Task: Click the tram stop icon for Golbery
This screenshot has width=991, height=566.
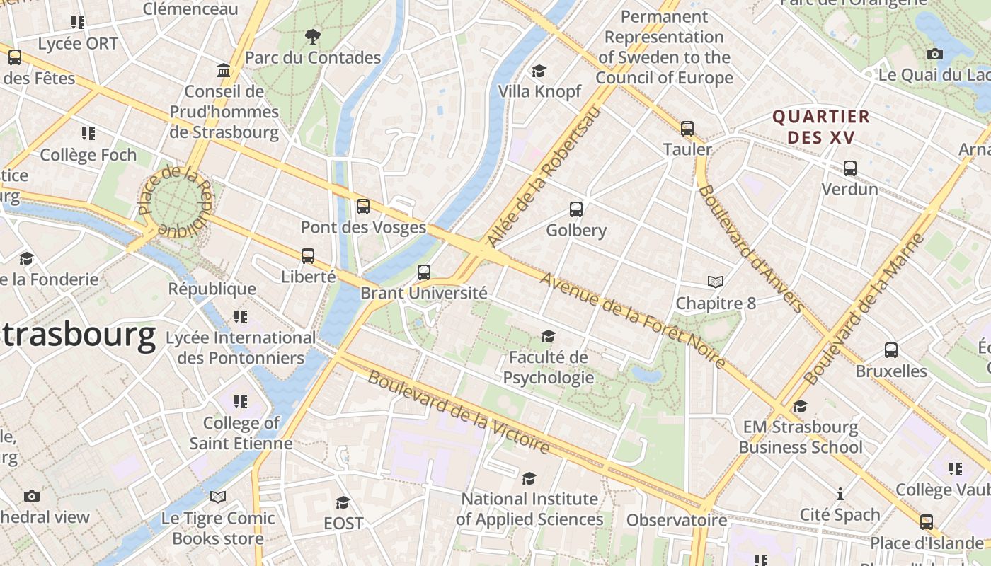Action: [576, 209]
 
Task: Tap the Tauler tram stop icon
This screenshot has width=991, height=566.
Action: [687, 129]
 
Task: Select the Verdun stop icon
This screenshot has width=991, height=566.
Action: [850, 168]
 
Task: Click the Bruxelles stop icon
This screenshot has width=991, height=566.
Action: [891, 350]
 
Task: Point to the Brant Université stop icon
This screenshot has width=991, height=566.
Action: [424, 272]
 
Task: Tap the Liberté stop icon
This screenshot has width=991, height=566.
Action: [308, 256]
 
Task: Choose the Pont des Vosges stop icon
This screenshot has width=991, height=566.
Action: [363, 207]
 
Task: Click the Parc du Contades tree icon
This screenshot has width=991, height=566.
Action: [312, 36]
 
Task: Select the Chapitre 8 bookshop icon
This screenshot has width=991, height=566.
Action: [716, 282]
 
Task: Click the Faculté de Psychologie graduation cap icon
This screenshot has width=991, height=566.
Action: [548, 336]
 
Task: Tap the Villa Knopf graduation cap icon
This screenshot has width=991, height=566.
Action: [539, 71]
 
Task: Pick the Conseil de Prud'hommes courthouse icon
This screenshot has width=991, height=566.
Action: [224, 70]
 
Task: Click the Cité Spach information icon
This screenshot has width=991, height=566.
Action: [840, 494]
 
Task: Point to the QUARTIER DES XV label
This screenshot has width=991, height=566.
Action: [821, 127]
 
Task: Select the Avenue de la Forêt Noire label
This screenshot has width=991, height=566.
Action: [632, 320]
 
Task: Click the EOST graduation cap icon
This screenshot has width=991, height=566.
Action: [343, 502]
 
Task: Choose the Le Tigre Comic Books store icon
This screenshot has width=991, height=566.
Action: [218, 497]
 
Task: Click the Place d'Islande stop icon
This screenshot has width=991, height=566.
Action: [927, 522]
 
